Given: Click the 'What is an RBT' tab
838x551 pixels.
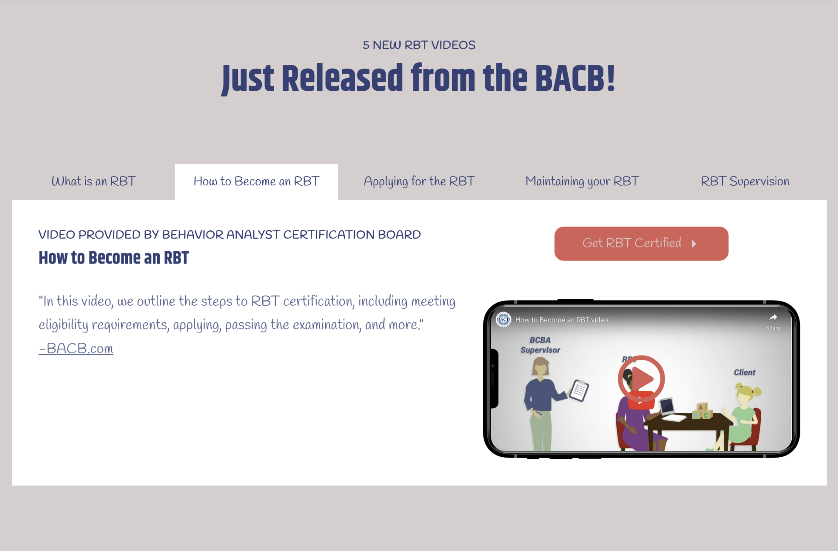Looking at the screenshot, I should click(93, 181).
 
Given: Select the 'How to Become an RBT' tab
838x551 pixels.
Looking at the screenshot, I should click(256, 181).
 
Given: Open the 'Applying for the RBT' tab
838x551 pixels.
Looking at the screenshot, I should click(419, 181).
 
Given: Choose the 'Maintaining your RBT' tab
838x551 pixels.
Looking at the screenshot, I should click(582, 181).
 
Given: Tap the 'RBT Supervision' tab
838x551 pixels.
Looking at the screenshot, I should click(745, 181).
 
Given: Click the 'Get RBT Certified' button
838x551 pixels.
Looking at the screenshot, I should click(641, 243).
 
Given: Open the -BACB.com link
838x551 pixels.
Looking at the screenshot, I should click(76, 349).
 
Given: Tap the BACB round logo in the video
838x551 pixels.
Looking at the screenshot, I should click(503, 320).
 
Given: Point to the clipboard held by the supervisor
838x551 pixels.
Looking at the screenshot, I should click(579, 390).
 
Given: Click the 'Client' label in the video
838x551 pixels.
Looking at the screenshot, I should click(744, 373).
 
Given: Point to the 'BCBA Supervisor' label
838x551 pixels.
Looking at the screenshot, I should click(540, 345).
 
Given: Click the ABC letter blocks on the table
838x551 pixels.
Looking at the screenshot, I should click(702, 411).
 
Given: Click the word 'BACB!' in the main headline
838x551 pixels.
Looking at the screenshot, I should click(574, 79).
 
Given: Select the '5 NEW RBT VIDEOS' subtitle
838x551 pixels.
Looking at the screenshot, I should click(419, 45).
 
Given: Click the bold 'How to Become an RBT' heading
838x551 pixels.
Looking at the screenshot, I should click(113, 258).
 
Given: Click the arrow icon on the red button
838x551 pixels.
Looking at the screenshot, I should click(694, 244).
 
